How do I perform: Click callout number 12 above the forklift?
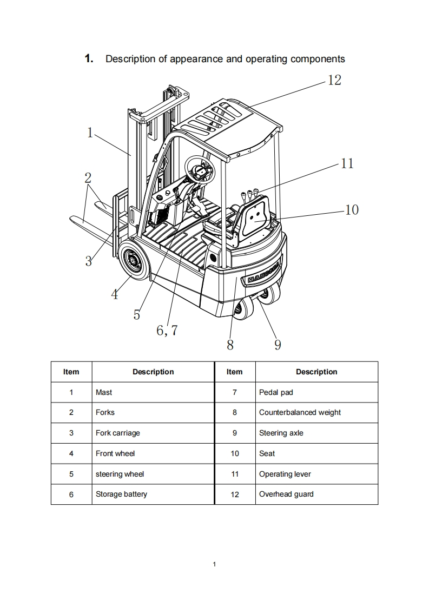[x=334, y=80]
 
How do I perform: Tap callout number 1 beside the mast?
[x=90, y=133]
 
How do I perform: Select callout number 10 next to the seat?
[x=352, y=210]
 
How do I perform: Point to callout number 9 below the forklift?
[x=278, y=345]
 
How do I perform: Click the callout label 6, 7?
[x=167, y=330]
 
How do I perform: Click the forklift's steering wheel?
[x=200, y=169]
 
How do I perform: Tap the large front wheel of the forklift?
[x=135, y=261]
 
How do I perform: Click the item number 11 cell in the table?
[x=235, y=474]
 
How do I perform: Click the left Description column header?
[x=153, y=372]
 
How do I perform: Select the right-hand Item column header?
[x=235, y=372]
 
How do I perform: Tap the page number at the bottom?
[x=214, y=564]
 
